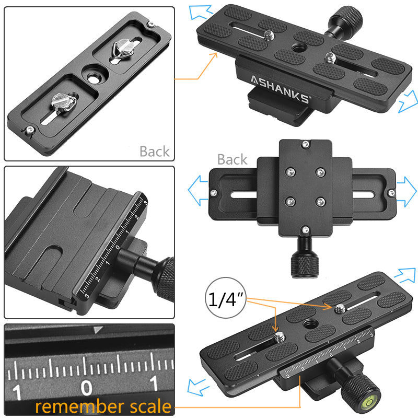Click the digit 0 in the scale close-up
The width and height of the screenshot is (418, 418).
pyautogui.click(x=87, y=387)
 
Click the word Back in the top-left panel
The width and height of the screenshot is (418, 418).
pyautogui.click(x=154, y=152)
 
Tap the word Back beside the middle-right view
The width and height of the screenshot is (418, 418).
pyautogui.click(x=232, y=159)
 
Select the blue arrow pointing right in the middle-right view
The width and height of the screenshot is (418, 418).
pyautogui.click(x=407, y=185)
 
